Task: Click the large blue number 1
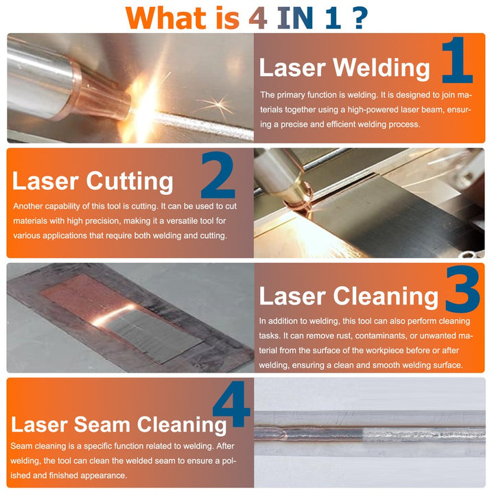coord(458,60)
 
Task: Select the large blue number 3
coord(463,289)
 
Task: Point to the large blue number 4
coord(232,404)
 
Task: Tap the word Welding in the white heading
coord(381,68)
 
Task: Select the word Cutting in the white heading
coord(130,182)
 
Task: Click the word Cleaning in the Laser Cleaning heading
coord(386,296)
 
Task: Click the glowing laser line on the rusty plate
coord(113,315)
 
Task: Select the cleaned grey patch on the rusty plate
coord(154,335)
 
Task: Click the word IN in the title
coord(295,18)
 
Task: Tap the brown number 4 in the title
coord(258,18)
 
